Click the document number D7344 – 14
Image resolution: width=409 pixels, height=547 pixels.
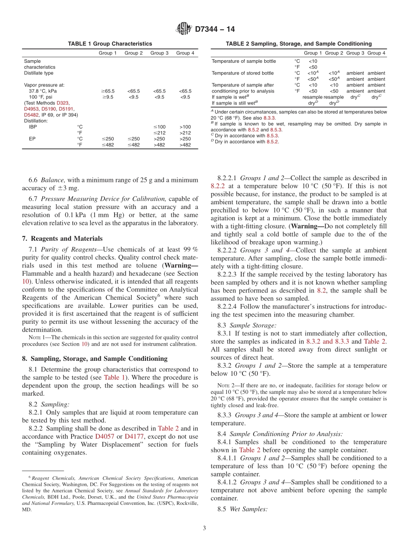pos(215,30)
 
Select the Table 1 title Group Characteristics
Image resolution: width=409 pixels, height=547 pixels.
pos(110,44)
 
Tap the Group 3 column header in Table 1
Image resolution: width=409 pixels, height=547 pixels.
pos(159,53)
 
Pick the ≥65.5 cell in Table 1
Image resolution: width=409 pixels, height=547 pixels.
pos(108,91)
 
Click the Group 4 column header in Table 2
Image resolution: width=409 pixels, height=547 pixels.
pos(376,53)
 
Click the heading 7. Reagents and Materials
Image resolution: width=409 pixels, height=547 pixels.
pos(62,239)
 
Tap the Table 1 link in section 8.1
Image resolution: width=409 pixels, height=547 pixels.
pos(114,377)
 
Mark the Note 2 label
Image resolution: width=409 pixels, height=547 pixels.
pos(223,386)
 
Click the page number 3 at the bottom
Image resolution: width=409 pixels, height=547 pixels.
pos(204,528)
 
